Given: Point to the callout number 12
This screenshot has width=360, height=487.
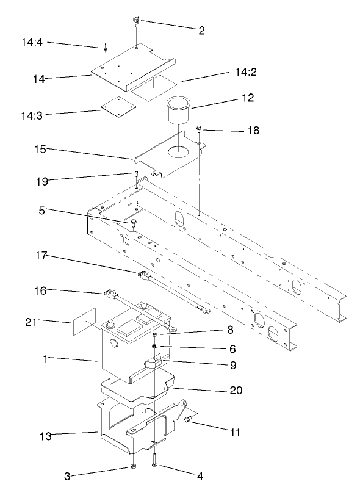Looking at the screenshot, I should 247,97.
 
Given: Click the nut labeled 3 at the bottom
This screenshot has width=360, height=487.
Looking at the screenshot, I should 132,468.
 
